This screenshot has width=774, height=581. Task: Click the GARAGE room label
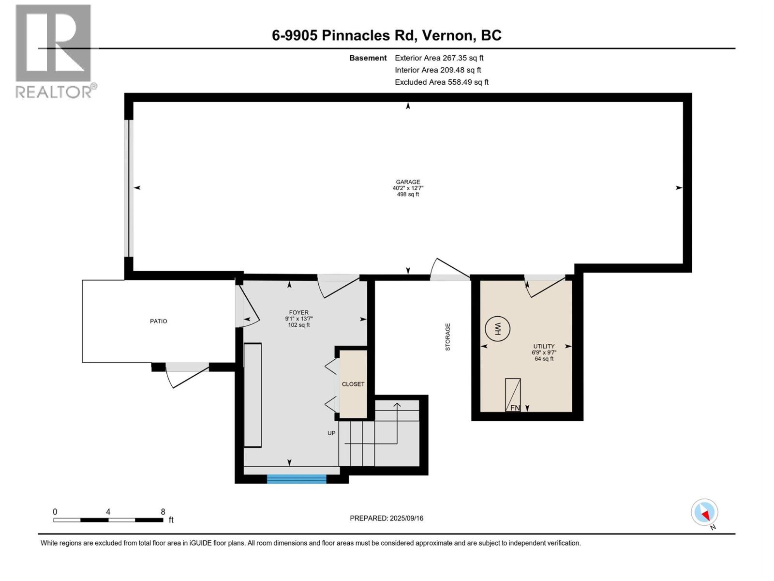coord(408,182)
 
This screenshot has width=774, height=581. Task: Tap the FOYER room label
coord(298,312)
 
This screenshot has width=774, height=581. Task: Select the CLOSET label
coord(353,384)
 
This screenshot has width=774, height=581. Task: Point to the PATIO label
coord(158,321)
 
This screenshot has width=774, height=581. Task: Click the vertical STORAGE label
coord(448,337)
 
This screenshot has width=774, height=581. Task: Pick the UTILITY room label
coord(544,346)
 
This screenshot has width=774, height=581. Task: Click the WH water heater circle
coord(498,329)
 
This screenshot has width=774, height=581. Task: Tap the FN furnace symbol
coord(513,395)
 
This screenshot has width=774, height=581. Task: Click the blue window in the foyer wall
coord(297,479)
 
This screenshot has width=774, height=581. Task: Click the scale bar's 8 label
coord(163,511)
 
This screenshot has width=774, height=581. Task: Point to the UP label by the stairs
coord(331,433)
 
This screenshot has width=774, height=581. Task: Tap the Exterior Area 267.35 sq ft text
coord(439,58)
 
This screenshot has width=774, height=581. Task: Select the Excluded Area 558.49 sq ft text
coord(442,82)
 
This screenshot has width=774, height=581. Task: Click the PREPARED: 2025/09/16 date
coord(387,518)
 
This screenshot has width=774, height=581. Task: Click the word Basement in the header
coord(368,58)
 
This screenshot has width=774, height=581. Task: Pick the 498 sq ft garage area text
coord(408,194)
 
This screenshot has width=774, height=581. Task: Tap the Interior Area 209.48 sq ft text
coord(438,70)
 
